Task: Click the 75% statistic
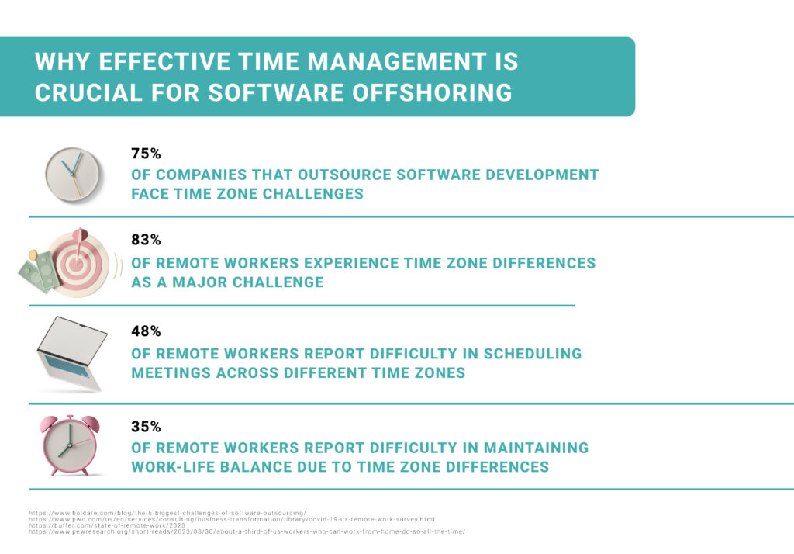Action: click(146, 154)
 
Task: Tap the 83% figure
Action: click(146, 241)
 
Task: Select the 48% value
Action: click(146, 331)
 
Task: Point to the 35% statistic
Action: click(146, 427)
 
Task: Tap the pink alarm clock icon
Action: click(70, 445)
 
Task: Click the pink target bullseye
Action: click(77, 263)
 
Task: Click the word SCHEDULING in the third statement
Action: click(533, 354)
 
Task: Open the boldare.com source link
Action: click(167, 513)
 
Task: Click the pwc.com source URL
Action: click(232, 519)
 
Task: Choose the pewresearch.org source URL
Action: click(247, 531)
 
